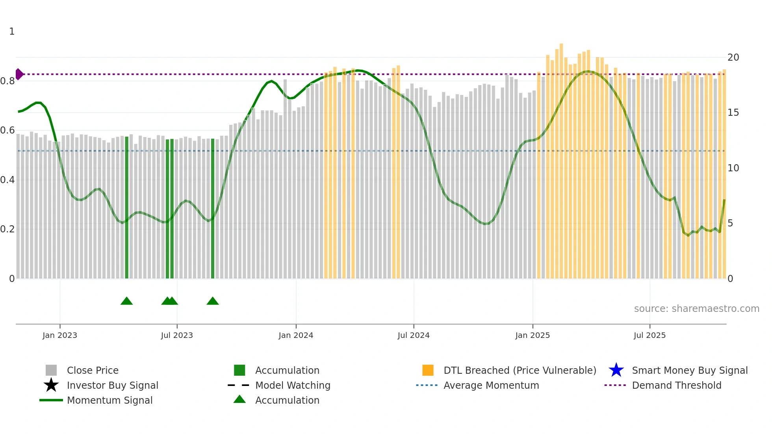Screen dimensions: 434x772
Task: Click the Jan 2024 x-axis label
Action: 296,335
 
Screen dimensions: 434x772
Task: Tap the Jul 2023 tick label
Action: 177,335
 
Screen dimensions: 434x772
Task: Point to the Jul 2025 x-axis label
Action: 650,335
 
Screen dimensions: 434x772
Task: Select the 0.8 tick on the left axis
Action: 7,81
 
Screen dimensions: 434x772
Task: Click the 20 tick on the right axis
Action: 733,57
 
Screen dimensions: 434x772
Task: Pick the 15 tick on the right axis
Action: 733,113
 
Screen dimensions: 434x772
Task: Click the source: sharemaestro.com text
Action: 696,309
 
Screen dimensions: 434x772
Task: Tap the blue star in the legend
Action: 616,370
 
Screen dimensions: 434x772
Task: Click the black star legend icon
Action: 51,385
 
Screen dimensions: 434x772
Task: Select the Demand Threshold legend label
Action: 676,385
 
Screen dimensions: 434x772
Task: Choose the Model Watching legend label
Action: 293,385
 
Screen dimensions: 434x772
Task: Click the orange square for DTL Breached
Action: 428,370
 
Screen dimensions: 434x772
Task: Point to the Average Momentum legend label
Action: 491,385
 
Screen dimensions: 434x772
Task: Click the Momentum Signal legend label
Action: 109,400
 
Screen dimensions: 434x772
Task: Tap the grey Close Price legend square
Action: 51,370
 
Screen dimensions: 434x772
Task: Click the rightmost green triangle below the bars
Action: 213,301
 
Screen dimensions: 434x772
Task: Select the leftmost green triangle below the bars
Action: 126,301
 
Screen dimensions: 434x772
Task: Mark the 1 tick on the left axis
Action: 12,32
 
